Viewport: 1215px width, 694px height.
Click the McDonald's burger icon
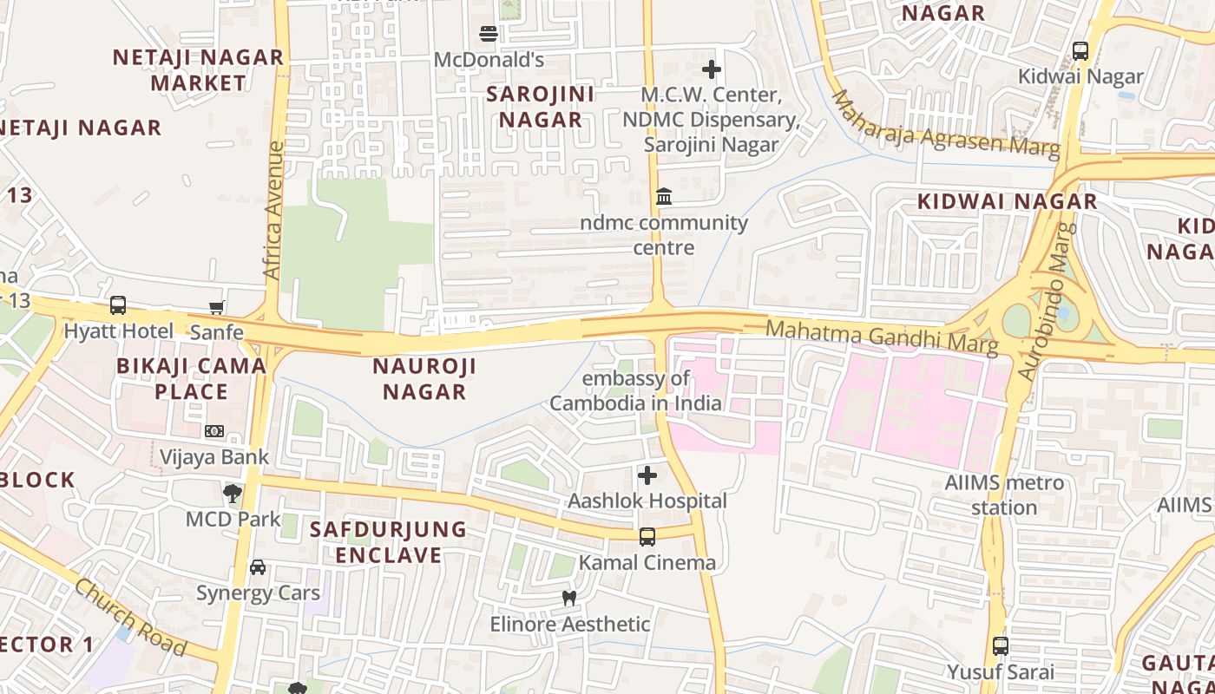(489, 34)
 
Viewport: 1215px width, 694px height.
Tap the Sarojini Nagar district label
(540, 107)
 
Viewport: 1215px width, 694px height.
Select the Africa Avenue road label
(273, 211)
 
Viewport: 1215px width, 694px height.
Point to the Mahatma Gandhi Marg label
(882, 337)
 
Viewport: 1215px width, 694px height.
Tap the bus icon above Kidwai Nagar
(1080, 51)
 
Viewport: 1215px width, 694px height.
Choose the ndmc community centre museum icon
(664, 197)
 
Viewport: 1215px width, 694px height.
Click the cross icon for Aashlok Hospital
(647, 475)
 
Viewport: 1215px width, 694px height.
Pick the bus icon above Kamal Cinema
(647, 537)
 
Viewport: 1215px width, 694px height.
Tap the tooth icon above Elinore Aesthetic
(569, 598)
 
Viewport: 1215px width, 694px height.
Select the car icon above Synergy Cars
(258, 567)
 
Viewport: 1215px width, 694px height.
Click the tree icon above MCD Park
(232, 494)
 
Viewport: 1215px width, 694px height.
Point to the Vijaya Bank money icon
(214, 431)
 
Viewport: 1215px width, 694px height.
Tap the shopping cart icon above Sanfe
(217, 306)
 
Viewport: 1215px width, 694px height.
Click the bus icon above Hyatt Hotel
(118, 305)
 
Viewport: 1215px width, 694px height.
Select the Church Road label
(130, 617)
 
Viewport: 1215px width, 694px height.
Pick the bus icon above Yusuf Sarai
(1001, 646)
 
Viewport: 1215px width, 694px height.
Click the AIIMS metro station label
(1004, 494)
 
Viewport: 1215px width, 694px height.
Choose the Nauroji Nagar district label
(424, 378)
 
